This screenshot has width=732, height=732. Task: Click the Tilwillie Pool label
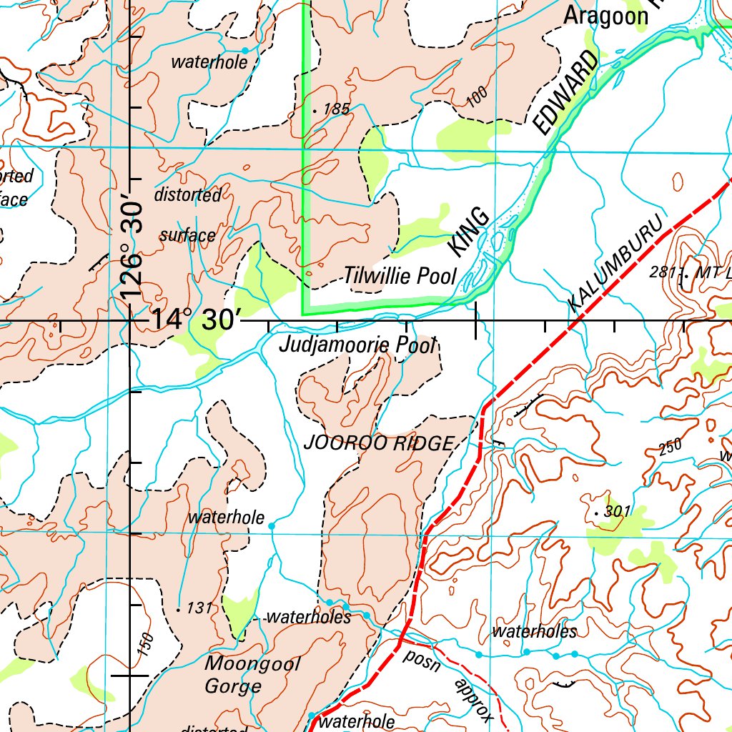point(400,276)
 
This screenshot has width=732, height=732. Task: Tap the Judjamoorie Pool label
point(357,345)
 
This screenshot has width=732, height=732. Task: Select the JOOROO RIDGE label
point(379,443)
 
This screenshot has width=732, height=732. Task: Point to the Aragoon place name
point(605,16)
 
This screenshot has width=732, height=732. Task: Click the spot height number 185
point(336,109)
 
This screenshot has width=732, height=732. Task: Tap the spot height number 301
point(617,512)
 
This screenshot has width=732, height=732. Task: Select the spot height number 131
point(199,608)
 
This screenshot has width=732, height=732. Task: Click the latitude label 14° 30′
point(192,320)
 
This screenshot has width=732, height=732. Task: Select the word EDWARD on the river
point(565,94)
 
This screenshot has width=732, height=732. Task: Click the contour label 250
point(671,446)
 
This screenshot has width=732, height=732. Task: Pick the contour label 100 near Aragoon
point(478,96)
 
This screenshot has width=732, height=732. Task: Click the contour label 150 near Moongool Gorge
point(145,644)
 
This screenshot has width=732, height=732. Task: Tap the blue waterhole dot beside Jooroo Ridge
point(272,526)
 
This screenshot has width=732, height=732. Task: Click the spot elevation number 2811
point(664,272)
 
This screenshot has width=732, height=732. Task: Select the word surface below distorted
point(187,235)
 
